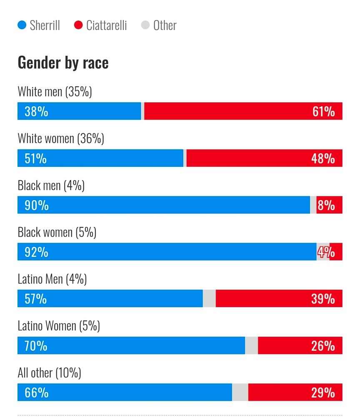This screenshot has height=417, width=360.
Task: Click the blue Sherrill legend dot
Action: [x=22, y=25]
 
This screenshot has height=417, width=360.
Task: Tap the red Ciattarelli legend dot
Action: [x=78, y=25]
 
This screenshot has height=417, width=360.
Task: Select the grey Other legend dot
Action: [x=145, y=25]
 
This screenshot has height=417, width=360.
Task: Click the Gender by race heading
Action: [x=63, y=63]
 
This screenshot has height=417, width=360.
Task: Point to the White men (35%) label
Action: [x=55, y=91]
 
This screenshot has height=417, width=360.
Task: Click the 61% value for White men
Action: [x=323, y=111]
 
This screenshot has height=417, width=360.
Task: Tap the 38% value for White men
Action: [x=36, y=111]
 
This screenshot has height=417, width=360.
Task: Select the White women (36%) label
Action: [x=61, y=138]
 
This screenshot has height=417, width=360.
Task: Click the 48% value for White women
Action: [x=323, y=158]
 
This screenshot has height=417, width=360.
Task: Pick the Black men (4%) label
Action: [x=51, y=185]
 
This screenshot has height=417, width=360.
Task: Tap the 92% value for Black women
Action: [x=36, y=252]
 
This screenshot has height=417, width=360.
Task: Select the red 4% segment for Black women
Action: [x=336, y=252]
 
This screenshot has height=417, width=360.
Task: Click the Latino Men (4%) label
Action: [x=52, y=279]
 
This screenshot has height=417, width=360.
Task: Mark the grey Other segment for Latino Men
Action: [x=209, y=299]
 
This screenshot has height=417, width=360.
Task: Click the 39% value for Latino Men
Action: [x=323, y=299]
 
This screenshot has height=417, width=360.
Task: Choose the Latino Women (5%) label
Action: [x=59, y=325]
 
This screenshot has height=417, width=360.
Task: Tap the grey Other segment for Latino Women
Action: [x=251, y=345]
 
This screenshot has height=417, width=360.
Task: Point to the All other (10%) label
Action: [x=49, y=372]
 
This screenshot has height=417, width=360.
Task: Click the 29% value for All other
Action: [x=323, y=392]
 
